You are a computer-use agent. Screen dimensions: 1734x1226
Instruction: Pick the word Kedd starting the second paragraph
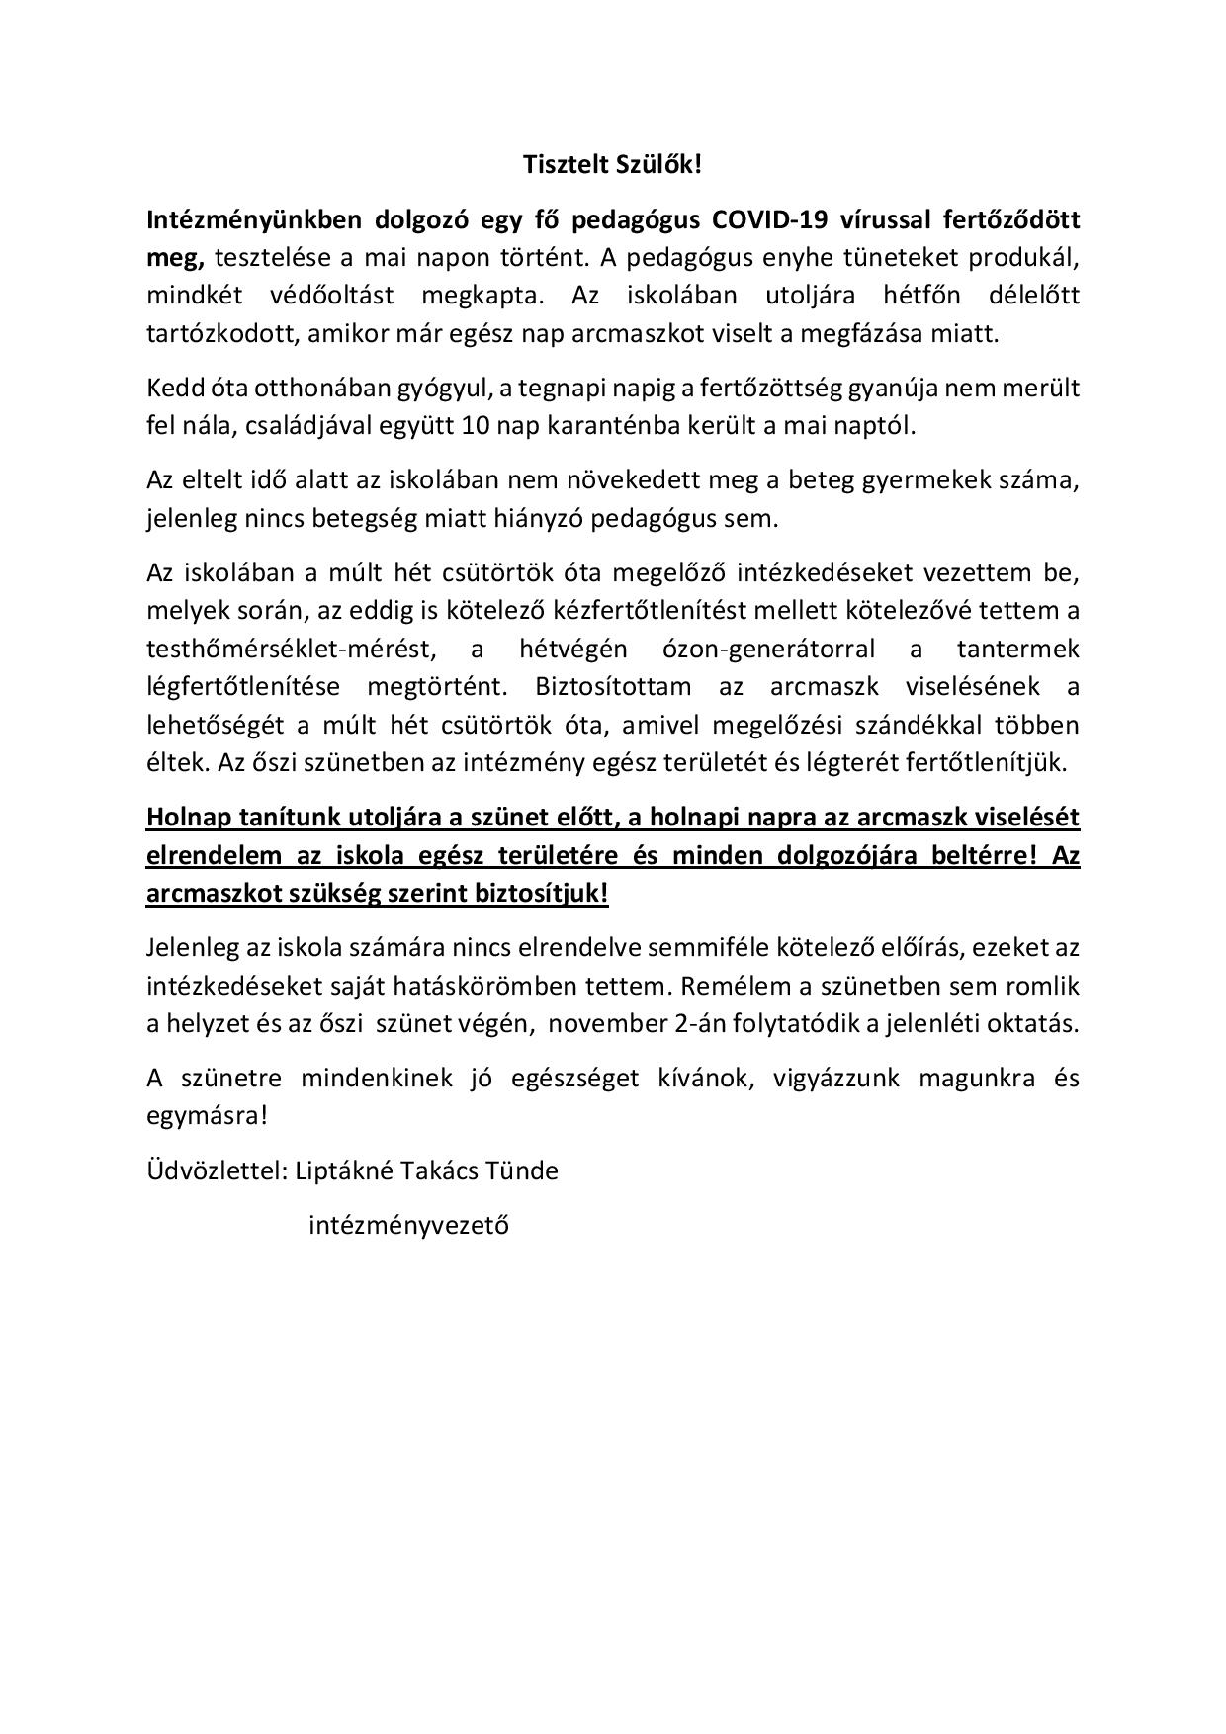[x=170, y=388]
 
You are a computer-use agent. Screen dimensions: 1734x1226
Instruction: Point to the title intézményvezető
[x=408, y=1226]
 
